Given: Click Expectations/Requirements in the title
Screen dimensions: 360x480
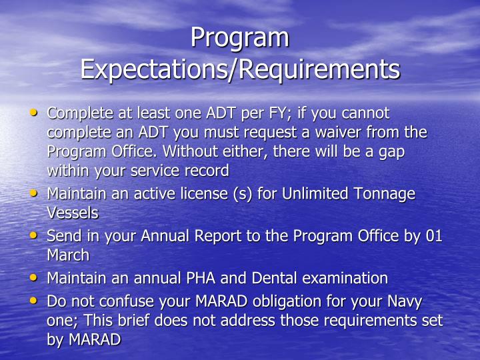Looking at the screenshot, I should click(240, 69).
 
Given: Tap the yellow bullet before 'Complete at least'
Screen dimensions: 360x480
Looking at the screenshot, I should click(35, 113).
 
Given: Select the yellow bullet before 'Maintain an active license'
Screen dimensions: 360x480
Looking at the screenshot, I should click(35, 194).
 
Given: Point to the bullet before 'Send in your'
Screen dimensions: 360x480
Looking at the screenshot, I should click(35, 236).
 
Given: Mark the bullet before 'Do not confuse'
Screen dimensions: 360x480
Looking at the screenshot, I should click(35, 301).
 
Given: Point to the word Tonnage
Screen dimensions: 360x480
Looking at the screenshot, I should click(385, 194).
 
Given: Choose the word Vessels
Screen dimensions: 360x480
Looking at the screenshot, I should click(72, 213).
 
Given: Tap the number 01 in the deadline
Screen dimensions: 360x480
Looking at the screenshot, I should click(433, 236).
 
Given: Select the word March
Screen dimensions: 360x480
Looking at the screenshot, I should click(67, 255).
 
